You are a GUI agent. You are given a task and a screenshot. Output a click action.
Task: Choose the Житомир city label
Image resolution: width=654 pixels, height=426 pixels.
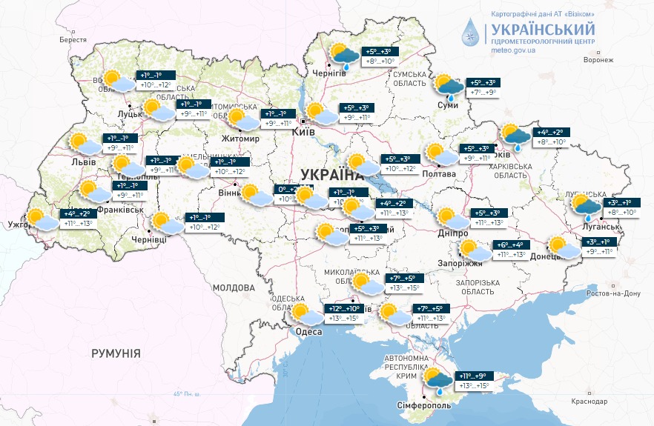238,139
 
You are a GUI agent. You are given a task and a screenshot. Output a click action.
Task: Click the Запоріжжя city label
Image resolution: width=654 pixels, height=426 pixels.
460,263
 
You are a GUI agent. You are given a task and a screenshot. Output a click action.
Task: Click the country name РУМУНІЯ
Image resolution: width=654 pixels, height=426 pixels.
116,353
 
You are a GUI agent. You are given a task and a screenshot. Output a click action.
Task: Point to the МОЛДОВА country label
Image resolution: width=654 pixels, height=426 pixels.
234,287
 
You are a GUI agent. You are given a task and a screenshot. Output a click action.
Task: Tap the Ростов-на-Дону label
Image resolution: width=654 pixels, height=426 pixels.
612,293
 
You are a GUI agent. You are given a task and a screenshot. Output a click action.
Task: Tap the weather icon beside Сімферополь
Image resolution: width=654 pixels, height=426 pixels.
437,381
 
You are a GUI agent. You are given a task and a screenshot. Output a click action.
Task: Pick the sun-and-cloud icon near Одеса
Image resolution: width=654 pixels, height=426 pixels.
307,314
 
